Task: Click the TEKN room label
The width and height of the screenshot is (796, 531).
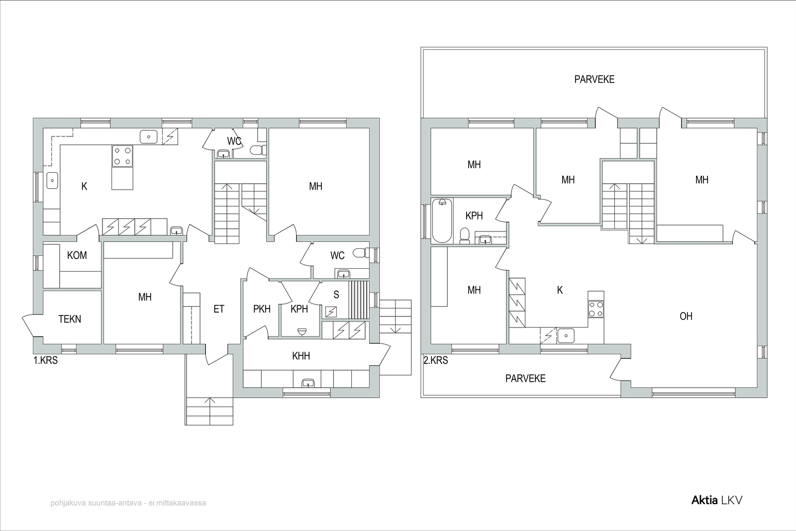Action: click(x=70, y=319)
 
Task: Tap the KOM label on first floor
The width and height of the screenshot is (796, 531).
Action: click(x=77, y=255)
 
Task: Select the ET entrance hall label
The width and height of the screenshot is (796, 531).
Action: click(x=219, y=309)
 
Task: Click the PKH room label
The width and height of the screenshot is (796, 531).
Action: click(x=262, y=309)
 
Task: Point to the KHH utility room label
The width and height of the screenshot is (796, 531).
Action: click(x=301, y=356)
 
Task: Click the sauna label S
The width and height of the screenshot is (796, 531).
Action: click(x=336, y=295)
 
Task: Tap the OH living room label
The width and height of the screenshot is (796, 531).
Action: click(x=686, y=316)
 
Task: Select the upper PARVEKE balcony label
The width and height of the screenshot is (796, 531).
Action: click(x=595, y=79)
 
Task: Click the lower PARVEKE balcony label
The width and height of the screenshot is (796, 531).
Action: click(x=525, y=379)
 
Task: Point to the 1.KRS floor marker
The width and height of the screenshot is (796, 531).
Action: click(x=45, y=360)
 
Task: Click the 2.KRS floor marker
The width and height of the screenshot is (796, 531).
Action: click(x=436, y=360)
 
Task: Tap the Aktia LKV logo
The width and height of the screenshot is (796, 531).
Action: click(x=717, y=501)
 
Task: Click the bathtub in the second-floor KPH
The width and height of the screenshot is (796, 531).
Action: click(x=442, y=221)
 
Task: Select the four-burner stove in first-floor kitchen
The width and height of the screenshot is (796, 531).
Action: click(x=122, y=156)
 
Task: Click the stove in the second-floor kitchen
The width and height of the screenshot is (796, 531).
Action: click(x=596, y=309)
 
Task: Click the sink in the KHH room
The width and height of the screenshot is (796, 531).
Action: click(x=308, y=383)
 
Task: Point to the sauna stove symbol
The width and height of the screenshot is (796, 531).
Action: click(x=331, y=312)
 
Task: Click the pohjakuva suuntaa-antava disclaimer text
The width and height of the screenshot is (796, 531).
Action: click(x=128, y=503)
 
